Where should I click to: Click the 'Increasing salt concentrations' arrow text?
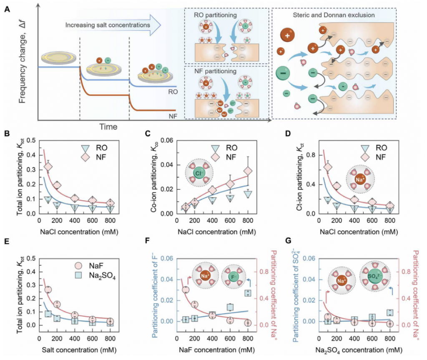tap(108, 25)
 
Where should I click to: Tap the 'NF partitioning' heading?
tap(215, 71)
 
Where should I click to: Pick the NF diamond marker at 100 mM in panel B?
tap(48, 167)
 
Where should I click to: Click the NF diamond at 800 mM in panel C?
tap(248, 171)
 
